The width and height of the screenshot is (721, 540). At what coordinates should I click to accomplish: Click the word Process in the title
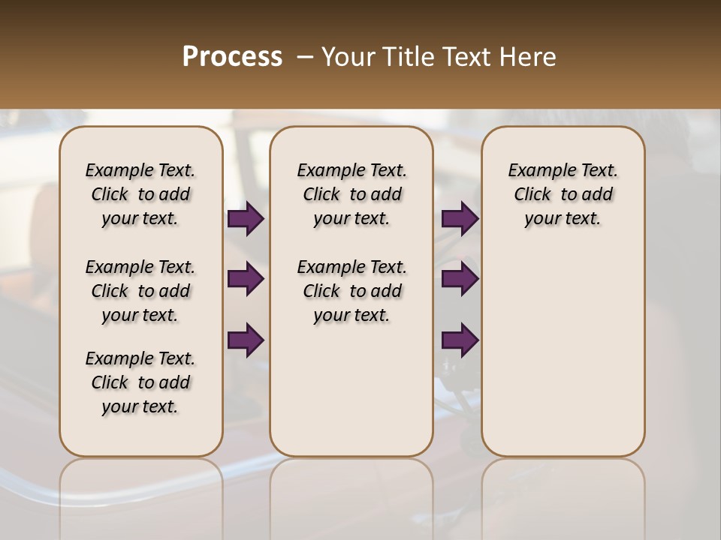click(232, 57)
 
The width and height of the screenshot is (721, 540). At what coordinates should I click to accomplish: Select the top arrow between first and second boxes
click(246, 219)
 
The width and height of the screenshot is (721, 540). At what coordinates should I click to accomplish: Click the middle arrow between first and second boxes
click(246, 280)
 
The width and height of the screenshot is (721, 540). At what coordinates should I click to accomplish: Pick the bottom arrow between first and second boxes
click(246, 340)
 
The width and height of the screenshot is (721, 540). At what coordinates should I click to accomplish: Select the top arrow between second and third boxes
click(460, 219)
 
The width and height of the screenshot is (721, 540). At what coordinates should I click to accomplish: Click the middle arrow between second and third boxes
click(460, 280)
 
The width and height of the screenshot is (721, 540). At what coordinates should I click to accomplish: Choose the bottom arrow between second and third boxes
click(460, 340)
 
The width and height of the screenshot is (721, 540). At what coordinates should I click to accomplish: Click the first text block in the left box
click(140, 194)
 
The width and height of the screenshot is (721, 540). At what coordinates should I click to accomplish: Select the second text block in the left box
click(140, 291)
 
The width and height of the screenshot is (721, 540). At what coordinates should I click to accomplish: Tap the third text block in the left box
click(140, 382)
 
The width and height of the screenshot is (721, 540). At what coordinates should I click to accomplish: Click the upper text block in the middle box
click(351, 194)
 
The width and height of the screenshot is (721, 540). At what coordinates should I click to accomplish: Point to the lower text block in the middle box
click(351, 291)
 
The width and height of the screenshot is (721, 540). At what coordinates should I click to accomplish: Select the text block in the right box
click(563, 194)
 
